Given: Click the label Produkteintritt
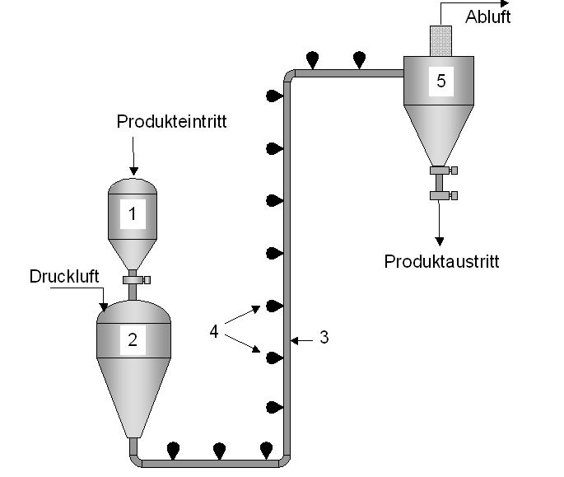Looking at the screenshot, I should pos(171,122).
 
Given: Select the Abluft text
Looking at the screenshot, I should pos(488,16).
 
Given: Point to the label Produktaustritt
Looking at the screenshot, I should pos(441,262).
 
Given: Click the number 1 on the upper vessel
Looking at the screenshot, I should pos(132,215).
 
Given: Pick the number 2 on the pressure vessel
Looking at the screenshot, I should pos(132,339).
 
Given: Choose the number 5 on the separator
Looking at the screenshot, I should pos(441,81).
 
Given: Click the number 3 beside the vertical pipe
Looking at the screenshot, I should pos(324,337).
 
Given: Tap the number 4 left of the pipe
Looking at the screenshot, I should pos(214,331).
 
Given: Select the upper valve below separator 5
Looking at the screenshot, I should pos(442,171).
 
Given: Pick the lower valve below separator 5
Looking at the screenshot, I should pos(442,195).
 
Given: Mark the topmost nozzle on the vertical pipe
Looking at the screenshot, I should pos(273,97).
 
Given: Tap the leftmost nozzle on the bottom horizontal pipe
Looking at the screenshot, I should pos(174,450).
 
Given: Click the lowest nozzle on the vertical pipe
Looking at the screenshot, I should pos(273,407).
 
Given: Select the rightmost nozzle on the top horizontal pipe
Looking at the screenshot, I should pos(359,58).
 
